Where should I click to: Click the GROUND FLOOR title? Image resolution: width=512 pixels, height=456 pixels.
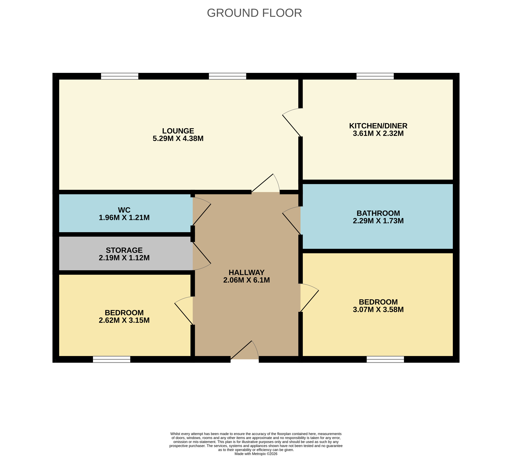coord(254,13)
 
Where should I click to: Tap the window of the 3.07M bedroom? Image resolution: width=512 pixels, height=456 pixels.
coord(385,359)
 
